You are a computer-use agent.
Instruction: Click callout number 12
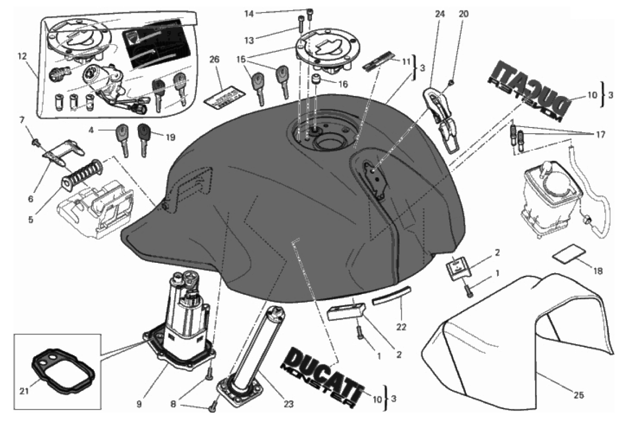point(22,57)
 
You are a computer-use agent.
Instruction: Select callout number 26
point(215,59)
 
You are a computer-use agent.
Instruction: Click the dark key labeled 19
point(144,140)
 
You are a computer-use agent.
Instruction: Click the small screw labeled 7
point(35,143)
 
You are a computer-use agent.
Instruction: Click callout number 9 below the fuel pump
point(139,404)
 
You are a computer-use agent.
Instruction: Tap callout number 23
point(288,404)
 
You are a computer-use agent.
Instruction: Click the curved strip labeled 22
point(392,296)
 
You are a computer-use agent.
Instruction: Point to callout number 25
point(578,395)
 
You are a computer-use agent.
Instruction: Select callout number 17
point(601,135)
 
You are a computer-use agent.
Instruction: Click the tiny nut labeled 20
point(452,82)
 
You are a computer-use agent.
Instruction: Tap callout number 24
point(440,14)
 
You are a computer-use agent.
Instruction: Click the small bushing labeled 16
point(315,79)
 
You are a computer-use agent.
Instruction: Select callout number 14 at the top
point(249,13)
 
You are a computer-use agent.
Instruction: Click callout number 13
point(249,40)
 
